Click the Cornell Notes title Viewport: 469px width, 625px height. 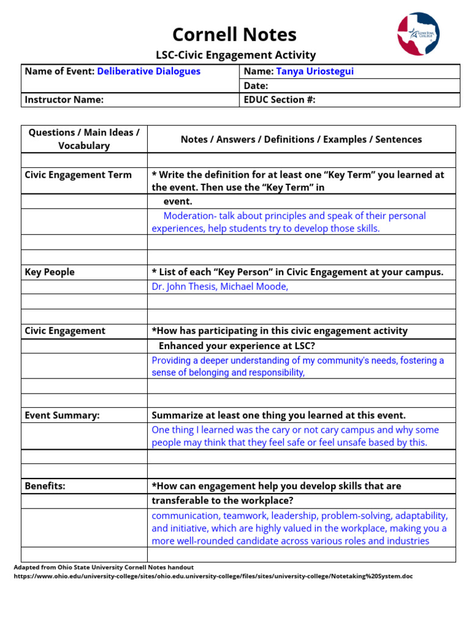click(234, 35)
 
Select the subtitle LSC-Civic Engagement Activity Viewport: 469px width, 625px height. click(236, 56)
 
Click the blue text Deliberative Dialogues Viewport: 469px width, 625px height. click(148, 71)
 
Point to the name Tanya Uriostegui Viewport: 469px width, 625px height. click(314, 71)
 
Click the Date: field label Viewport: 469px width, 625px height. click(256, 86)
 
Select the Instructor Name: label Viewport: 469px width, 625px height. click(64, 99)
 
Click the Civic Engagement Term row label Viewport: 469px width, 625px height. click(78, 175)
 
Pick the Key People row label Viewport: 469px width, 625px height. click(49, 272)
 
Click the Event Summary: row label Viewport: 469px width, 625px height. click(62, 416)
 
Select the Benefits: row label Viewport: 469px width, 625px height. click(45, 486)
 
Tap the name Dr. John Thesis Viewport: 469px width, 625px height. click(184, 287)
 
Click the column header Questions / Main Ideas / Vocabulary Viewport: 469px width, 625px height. click(84, 139)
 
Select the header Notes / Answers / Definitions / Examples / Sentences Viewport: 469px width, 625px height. click(301, 140)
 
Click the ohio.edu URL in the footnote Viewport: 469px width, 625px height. click(213, 576)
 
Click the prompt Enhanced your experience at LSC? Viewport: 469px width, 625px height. click(237, 346)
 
